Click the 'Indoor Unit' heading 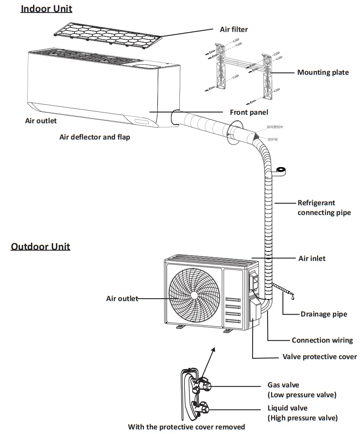click(x=46, y=9)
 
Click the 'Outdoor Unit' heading click(x=41, y=246)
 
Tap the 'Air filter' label click(x=234, y=29)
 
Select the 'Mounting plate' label click(x=323, y=72)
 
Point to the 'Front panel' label click(x=249, y=112)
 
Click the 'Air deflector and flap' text click(x=94, y=137)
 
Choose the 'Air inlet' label click(x=311, y=258)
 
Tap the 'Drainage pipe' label click(x=324, y=314)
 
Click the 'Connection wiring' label click(x=322, y=340)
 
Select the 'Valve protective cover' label click(x=319, y=356)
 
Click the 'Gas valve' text click(x=283, y=385)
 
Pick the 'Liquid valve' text click(x=287, y=408)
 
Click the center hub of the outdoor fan click(x=194, y=294)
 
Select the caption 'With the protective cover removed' click(x=186, y=426)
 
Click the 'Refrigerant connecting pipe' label click(x=324, y=208)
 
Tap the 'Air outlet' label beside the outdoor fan click(x=122, y=298)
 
